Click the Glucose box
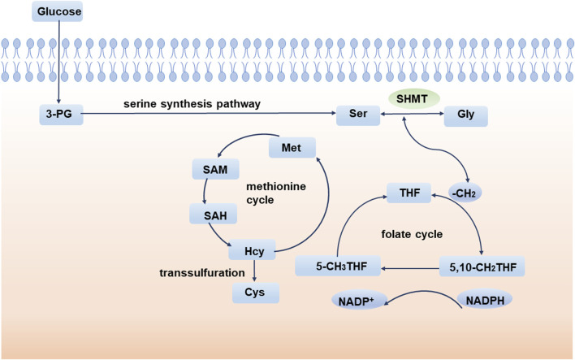(x=57, y=11)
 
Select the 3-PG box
(x=61, y=114)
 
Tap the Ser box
(x=358, y=115)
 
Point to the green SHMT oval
(x=413, y=98)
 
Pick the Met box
(x=292, y=148)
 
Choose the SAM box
(x=216, y=169)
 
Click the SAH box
(x=213, y=214)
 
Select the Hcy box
(x=252, y=250)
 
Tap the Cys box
(x=256, y=293)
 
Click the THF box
(x=409, y=193)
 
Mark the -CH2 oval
(x=465, y=193)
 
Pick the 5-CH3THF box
(x=338, y=266)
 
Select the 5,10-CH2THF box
(x=482, y=267)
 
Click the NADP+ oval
(x=358, y=301)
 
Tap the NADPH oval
(x=484, y=300)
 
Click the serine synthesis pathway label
(x=192, y=104)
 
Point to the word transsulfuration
(x=202, y=273)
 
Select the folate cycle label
(x=412, y=234)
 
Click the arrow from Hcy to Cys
(x=254, y=271)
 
